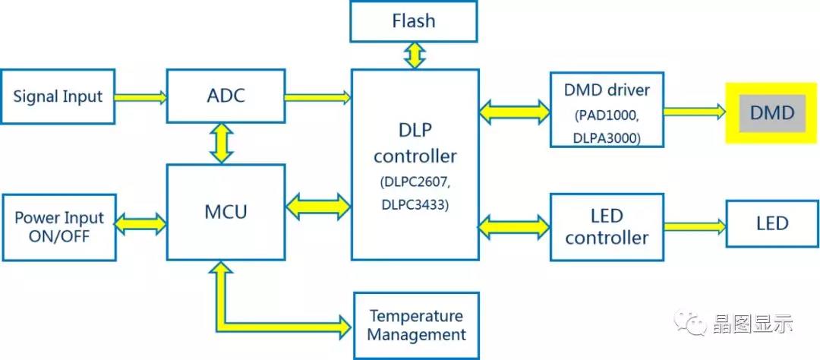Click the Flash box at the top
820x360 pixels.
(x=414, y=21)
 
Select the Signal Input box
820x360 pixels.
(x=58, y=96)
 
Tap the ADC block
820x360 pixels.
(x=225, y=96)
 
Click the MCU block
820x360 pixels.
(x=225, y=211)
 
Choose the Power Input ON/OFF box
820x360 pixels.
(x=58, y=226)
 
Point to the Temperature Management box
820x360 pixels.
(x=417, y=325)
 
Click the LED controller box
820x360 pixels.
(x=607, y=227)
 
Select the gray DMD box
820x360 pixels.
(x=771, y=113)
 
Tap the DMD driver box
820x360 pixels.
(x=607, y=109)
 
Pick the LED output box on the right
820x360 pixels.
(x=771, y=223)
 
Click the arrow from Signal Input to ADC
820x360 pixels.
(x=141, y=96)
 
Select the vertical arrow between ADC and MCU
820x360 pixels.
(x=221, y=143)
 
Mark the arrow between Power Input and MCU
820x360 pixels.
(x=140, y=223)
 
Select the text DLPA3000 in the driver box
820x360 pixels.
(x=607, y=137)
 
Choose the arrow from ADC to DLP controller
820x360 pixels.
(x=317, y=96)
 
